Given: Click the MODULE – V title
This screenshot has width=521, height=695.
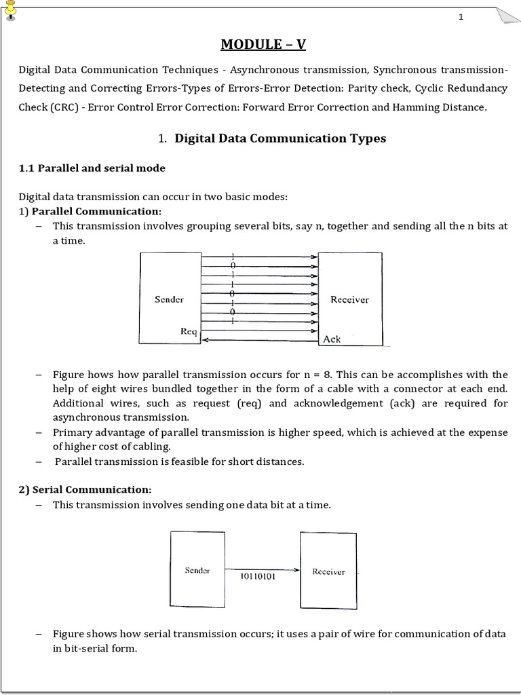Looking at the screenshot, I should coord(263,45).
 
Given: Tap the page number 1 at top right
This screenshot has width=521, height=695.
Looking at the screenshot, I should coord(461,17).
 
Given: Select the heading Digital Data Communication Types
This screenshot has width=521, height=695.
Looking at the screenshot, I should coord(280,138).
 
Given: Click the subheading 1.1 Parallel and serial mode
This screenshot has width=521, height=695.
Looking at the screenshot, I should coord(92,168).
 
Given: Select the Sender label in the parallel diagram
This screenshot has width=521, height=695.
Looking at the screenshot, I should coord(169,299).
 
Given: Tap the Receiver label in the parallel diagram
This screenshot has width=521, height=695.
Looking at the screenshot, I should coord(349,299).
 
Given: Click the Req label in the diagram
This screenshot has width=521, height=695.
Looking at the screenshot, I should coord(188,331).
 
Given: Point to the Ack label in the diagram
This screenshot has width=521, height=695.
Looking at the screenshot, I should coord(332,339).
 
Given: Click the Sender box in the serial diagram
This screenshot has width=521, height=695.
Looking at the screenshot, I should coord(197,569).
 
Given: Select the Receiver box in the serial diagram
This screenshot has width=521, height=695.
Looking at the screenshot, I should coord(328,569).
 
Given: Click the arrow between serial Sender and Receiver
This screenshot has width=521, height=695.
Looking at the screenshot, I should coord(262,569).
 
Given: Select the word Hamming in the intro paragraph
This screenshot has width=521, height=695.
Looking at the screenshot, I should coord(421,108).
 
